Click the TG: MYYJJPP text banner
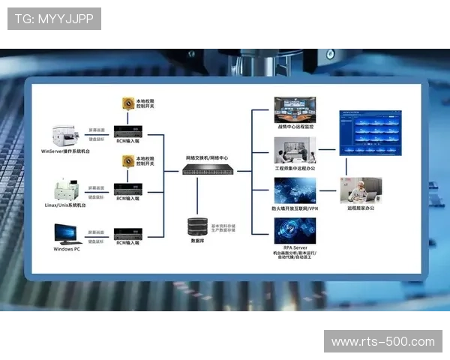click(x=54, y=18)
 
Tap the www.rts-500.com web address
click(x=382, y=342)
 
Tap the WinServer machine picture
click(x=68, y=136)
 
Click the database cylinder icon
click(x=199, y=226)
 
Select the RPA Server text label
click(x=295, y=246)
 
